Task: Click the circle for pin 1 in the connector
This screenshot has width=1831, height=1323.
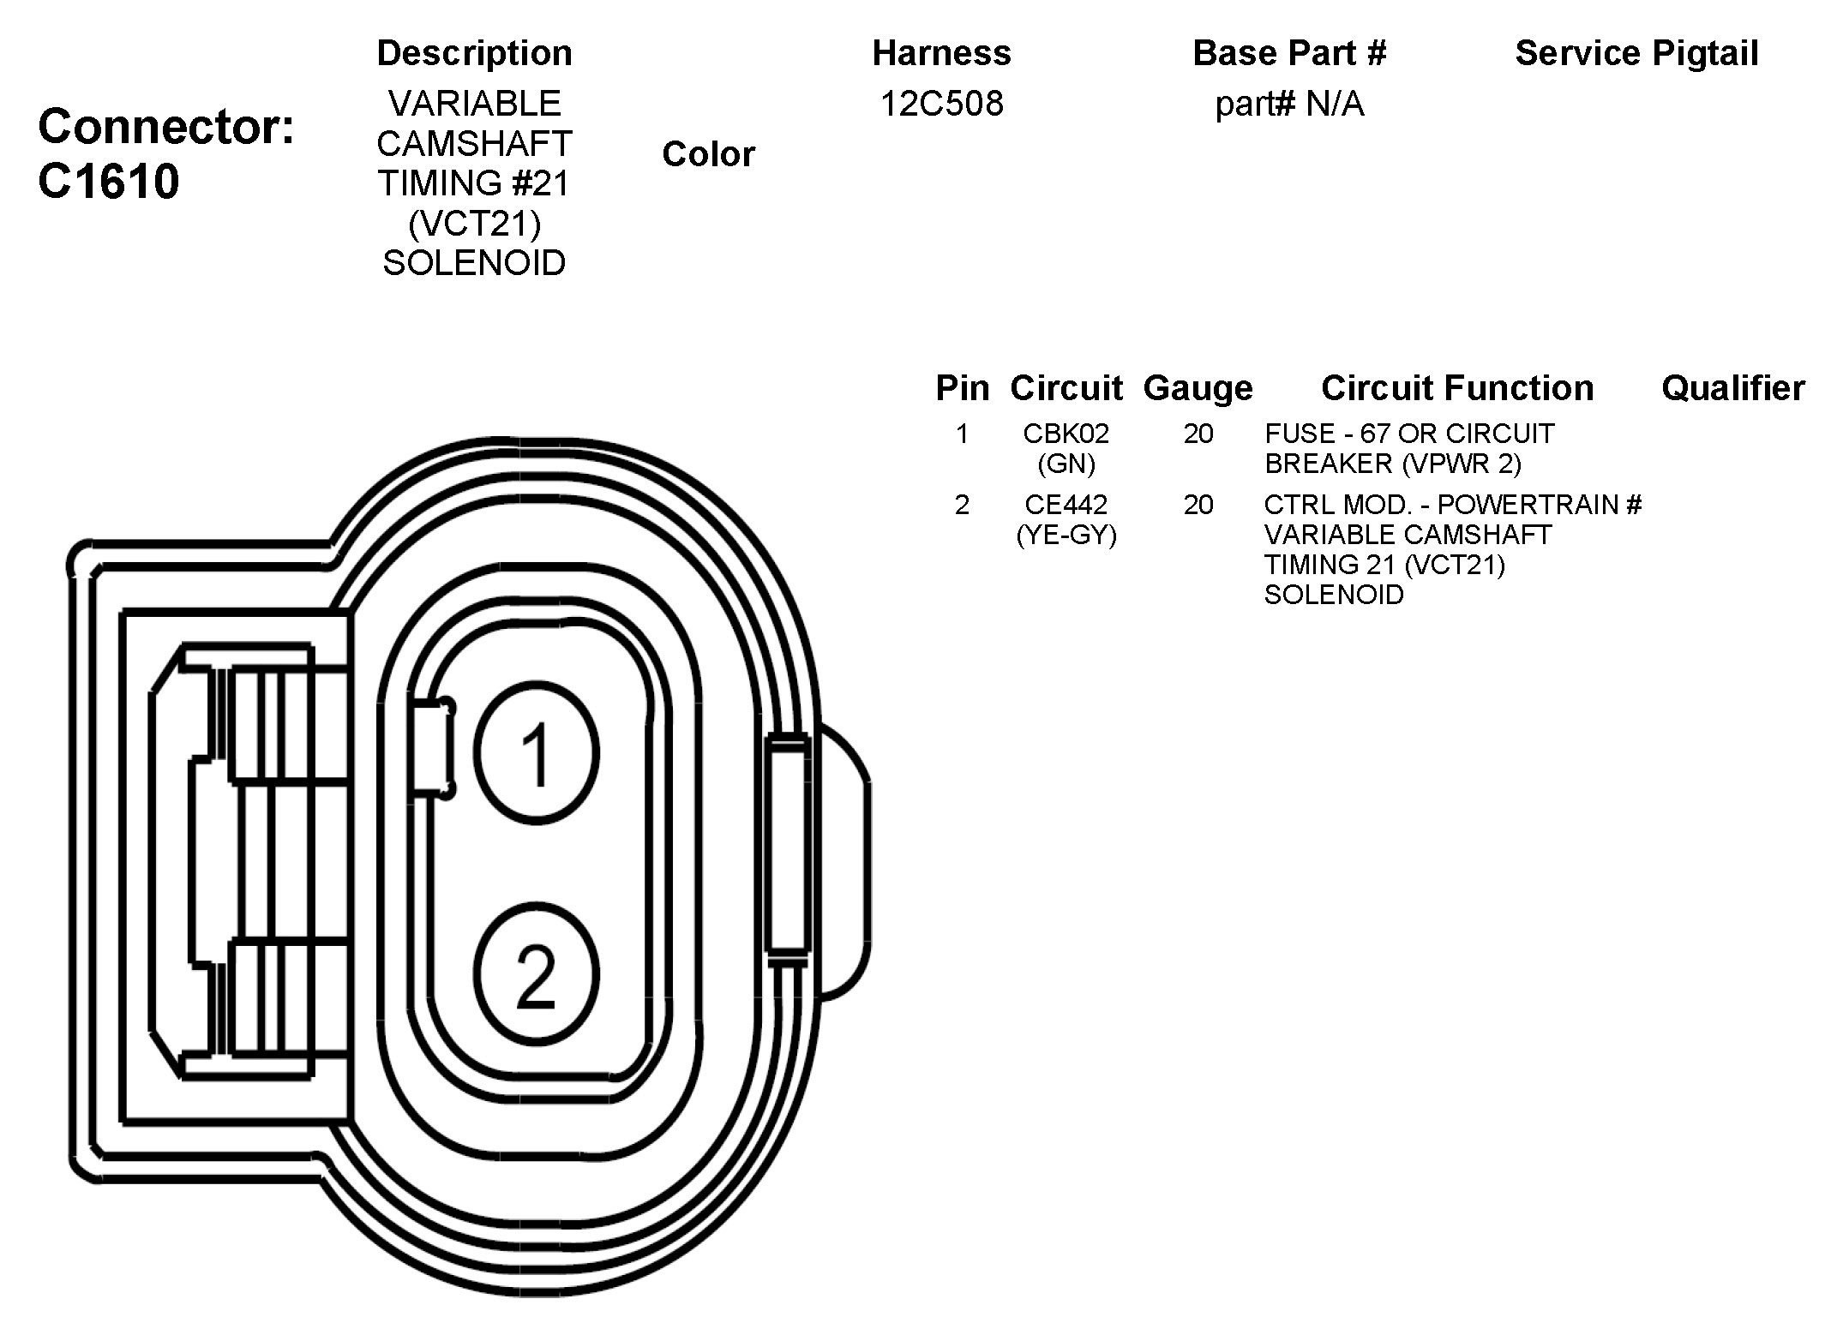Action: click(537, 753)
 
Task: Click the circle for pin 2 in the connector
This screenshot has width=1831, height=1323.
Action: click(537, 974)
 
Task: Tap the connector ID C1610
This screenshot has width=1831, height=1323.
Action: click(109, 182)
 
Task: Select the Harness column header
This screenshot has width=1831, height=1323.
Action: click(941, 53)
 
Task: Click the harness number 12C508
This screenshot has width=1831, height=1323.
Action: click(941, 104)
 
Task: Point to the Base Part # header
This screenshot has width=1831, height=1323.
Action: click(1289, 53)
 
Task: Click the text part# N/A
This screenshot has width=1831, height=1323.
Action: click(1289, 105)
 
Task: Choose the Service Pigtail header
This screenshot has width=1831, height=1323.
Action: click(1636, 53)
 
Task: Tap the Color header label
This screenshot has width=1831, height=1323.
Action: click(708, 154)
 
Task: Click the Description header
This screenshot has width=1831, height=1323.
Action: click(474, 53)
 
